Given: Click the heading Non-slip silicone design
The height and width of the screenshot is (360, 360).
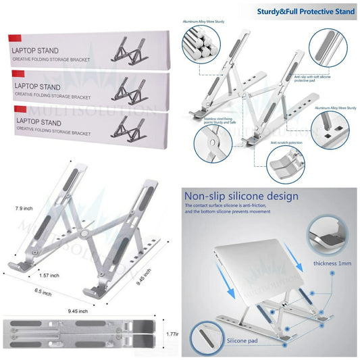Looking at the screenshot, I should pos(241,197).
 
